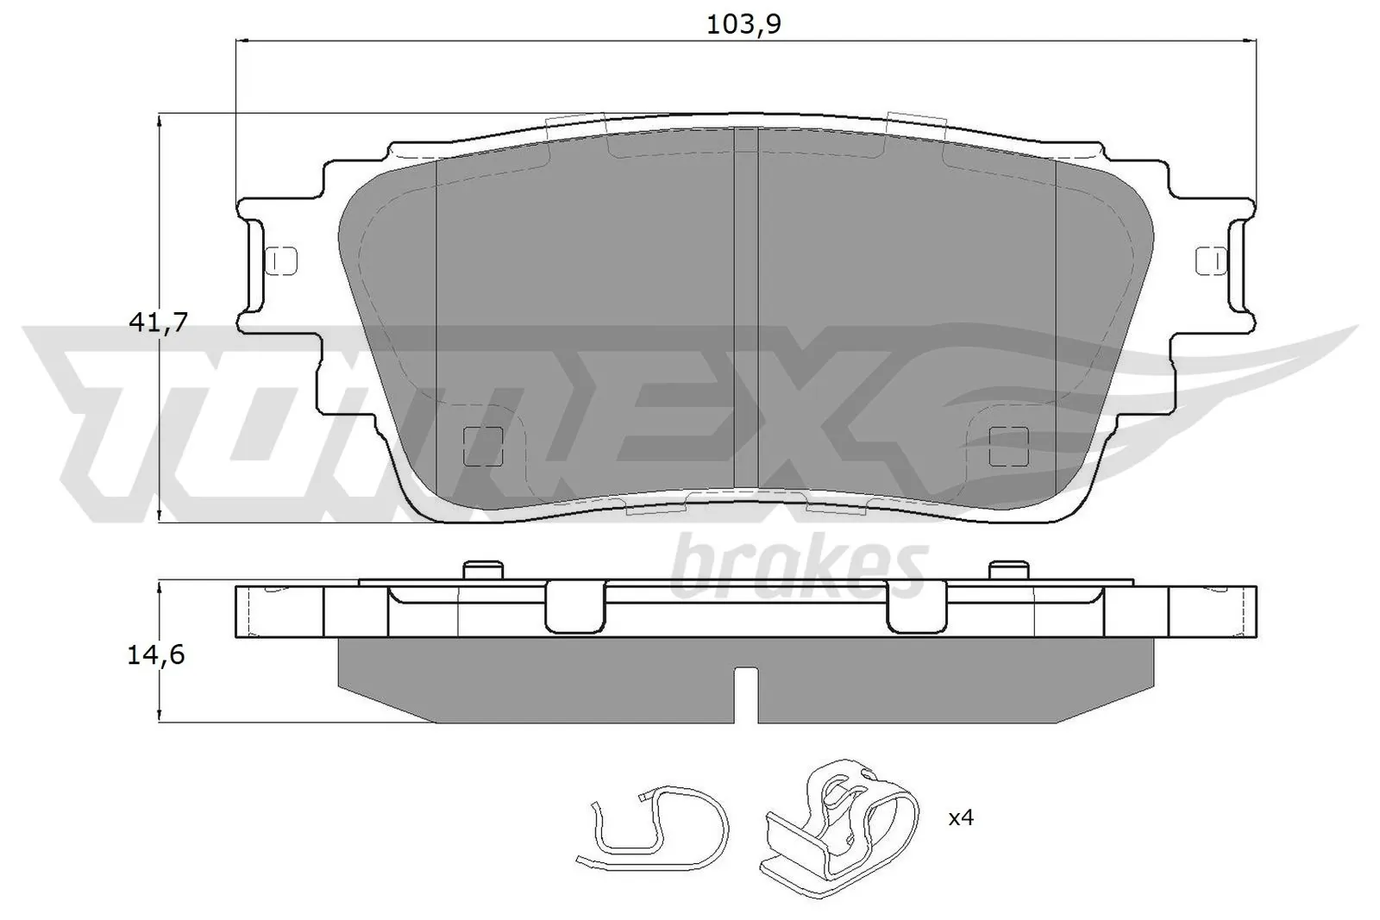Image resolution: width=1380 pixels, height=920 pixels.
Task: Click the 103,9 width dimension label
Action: point(743,24)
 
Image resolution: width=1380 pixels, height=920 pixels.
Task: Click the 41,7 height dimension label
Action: point(157,322)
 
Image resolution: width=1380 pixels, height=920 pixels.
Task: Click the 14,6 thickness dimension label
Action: point(156,654)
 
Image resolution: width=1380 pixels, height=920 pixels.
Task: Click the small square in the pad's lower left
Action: point(483,446)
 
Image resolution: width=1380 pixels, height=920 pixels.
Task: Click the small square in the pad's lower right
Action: point(1009,446)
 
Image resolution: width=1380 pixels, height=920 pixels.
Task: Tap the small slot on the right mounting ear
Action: point(1211,260)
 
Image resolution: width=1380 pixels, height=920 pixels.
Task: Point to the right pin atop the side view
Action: point(1009,570)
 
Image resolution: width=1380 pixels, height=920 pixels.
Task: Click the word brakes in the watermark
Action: point(798,568)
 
